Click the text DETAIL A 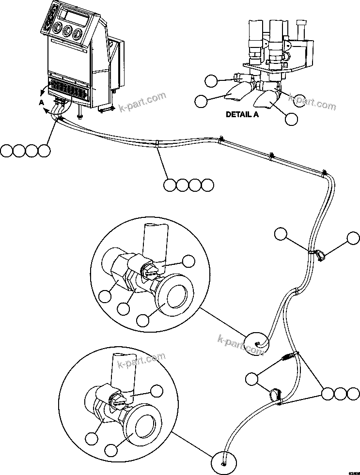pos(242,115)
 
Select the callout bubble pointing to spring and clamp pos(251,379)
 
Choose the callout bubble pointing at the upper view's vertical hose pos(189,262)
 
